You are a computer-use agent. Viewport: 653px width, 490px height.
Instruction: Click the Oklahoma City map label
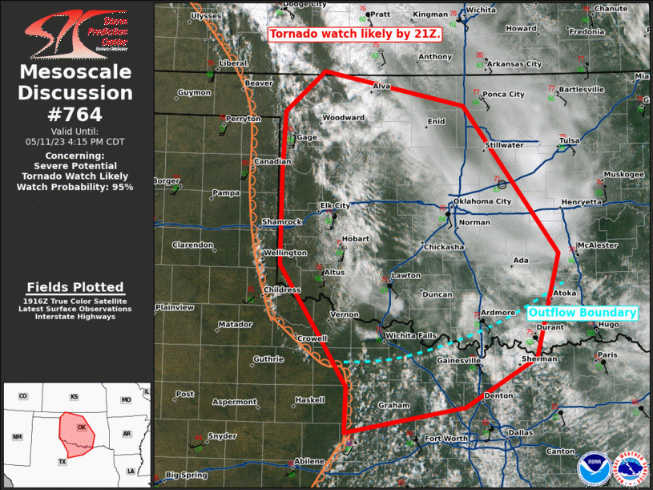[482, 200]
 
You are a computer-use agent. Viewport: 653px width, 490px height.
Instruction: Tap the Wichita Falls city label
[410, 334]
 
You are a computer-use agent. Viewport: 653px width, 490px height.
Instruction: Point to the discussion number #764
[76, 114]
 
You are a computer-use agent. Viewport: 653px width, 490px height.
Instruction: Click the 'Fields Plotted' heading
[75, 287]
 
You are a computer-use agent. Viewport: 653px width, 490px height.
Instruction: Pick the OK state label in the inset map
[81, 427]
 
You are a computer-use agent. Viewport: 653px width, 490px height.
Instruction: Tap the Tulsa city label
[569, 140]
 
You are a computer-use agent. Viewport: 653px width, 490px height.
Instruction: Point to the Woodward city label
[343, 118]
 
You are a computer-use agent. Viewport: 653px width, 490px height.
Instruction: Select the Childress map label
[282, 290]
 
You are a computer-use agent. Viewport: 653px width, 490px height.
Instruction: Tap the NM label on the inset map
[18, 436]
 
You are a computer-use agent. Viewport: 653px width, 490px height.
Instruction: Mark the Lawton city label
[406, 275]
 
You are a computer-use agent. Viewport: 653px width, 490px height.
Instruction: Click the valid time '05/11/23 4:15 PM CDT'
[75, 140]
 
